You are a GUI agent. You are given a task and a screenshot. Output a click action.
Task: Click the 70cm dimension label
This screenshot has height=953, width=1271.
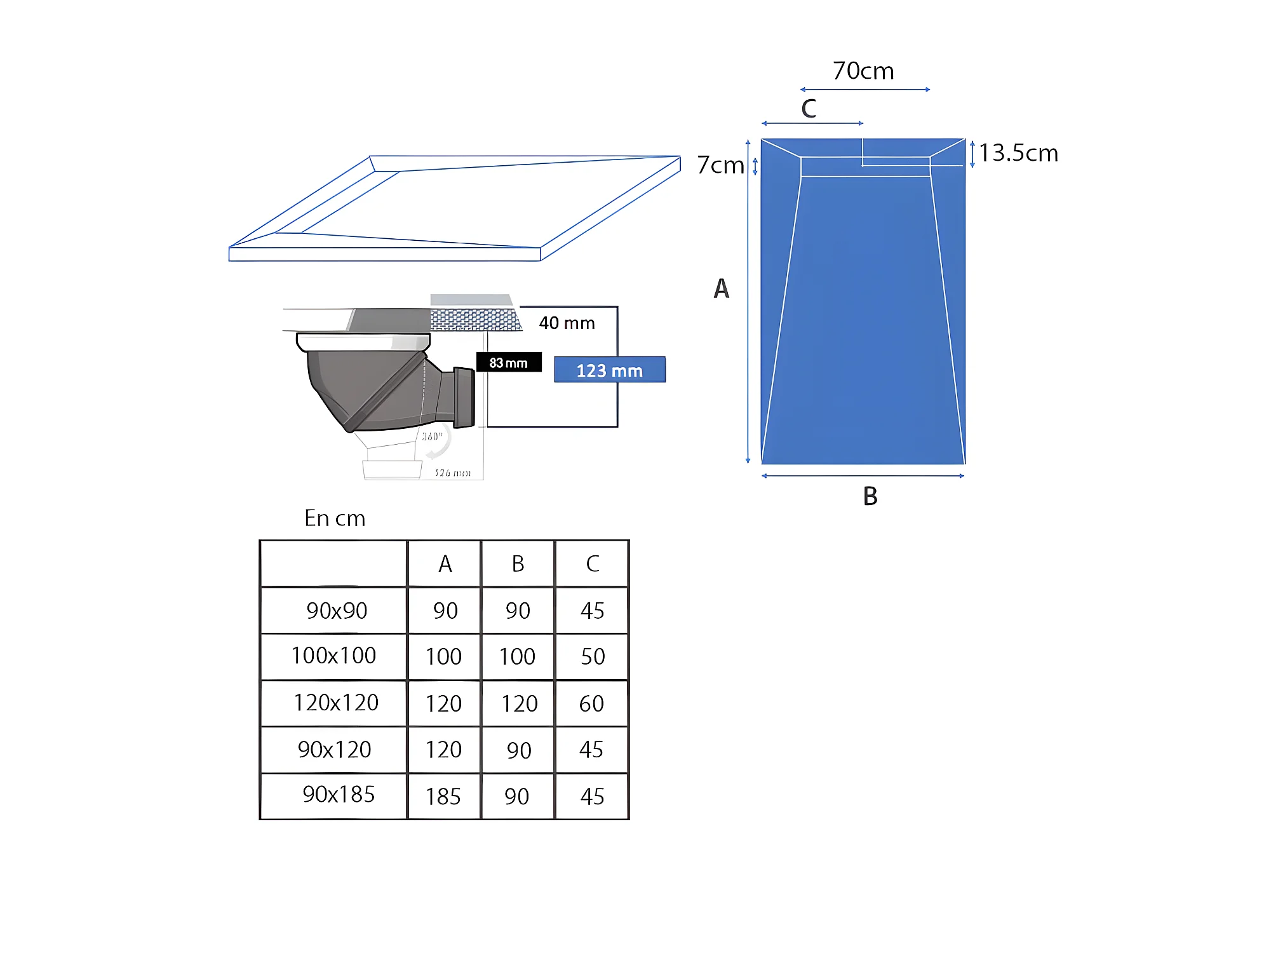[863, 71]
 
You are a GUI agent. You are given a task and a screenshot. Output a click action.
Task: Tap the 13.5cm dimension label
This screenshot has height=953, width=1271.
[1018, 153]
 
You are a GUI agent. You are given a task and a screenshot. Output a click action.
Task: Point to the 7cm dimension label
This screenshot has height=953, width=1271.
[720, 165]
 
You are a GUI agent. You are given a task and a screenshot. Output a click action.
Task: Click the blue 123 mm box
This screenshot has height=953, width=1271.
[610, 370]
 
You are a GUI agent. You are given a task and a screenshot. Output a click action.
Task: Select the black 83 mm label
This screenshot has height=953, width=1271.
[509, 362]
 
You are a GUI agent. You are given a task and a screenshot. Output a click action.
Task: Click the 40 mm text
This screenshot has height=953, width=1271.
[567, 323]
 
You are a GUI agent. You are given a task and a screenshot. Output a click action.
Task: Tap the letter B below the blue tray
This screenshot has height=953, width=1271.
[870, 496]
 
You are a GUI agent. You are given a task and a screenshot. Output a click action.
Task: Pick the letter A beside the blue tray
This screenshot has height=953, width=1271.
[722, 288]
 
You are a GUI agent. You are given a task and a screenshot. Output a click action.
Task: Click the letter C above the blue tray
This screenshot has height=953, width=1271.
[809, 109]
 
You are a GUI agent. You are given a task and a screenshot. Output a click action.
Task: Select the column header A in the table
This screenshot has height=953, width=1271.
[445, 564]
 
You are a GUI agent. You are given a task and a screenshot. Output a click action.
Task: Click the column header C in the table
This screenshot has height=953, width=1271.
[592, 564]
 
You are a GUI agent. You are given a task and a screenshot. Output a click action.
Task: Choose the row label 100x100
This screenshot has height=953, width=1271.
[333, 656]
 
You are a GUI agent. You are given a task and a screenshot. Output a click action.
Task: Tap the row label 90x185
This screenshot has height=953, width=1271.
[339, 794]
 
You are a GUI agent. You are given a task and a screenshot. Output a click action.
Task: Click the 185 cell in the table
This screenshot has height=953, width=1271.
[443, 797]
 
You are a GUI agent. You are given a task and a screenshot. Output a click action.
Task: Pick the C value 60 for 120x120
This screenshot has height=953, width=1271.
[591, 704]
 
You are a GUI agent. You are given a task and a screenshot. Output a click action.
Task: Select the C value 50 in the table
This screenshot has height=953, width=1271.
[593, 657]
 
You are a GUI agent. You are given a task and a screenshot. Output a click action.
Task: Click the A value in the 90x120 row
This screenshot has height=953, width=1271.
[443, 750]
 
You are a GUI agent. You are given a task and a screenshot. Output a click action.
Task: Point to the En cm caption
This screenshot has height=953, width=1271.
[335, 518]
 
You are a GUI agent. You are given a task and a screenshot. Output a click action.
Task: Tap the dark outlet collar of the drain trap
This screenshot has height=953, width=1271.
[464, 397]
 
